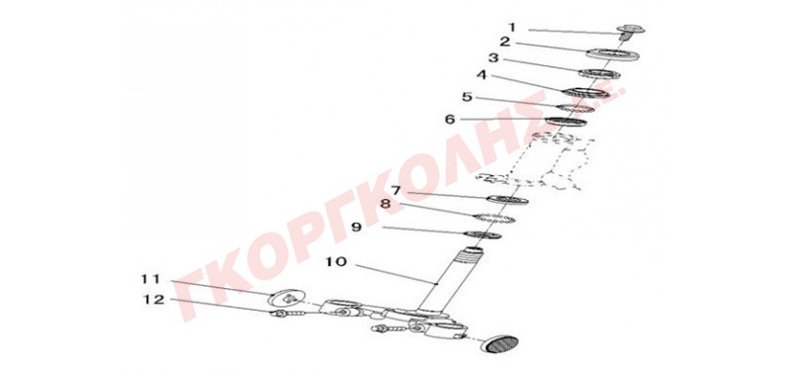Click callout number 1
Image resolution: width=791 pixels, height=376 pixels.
point(512,27)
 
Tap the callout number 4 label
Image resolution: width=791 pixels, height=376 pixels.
point(482,75)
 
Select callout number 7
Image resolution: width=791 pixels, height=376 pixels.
point(395,191)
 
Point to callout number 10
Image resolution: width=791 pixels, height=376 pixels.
point(336,262)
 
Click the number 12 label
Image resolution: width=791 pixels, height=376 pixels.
point(154,300)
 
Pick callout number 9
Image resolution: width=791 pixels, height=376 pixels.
point(357,228)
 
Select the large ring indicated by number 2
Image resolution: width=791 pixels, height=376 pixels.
point(613,54)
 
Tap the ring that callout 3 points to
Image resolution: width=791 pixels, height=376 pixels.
point(599,74)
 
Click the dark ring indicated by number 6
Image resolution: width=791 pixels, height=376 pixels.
point(567,122)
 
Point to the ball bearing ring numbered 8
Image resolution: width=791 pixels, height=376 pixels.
point(495,219)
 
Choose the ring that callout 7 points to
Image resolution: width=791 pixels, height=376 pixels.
point(507,200)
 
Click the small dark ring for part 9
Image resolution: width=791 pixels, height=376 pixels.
point(483,235)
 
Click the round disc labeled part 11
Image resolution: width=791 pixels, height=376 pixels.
point(287,298)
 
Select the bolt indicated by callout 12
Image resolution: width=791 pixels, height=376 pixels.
point(288,315)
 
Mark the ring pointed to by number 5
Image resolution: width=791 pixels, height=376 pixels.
point(574,109)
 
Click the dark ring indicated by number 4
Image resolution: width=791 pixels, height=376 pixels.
point(585,93)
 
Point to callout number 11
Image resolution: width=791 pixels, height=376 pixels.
point(150,279)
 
